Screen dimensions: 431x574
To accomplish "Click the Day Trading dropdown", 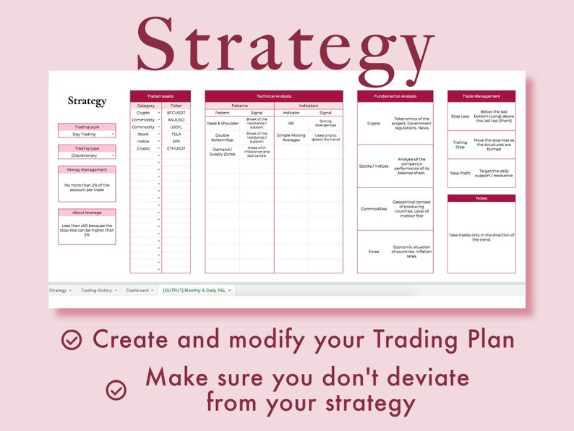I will tap(87, 134).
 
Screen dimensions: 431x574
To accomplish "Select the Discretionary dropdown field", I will tap(87, 155).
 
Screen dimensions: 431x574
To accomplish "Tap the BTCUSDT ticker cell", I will tap(176, 113).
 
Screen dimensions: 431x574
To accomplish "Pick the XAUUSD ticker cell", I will tap(176, 120).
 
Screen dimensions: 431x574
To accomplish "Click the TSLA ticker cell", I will tap(176, 134).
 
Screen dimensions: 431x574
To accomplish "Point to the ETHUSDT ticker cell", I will tap(176, 148).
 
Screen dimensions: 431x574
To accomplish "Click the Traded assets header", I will tap(160, 96).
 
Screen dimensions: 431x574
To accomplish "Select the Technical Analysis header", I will tap(274, 96).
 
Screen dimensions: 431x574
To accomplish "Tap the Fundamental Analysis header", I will tap(395, 96).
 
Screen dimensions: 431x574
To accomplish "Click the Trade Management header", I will tap(481, 96).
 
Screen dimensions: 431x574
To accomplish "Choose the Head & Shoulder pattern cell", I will tap(223, 123).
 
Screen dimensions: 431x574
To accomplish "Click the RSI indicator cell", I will tap(291, 123).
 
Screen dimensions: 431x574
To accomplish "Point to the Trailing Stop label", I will tap(460, 144).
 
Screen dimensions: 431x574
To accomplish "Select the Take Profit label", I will tap(460, 174).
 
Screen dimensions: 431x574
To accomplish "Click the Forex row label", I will tap(374, 252).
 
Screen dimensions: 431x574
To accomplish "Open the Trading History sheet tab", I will tap(97, 290).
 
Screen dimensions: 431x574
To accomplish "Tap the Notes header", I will tap(481, 198).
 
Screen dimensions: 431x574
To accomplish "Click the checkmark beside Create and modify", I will tap(72, 340).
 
